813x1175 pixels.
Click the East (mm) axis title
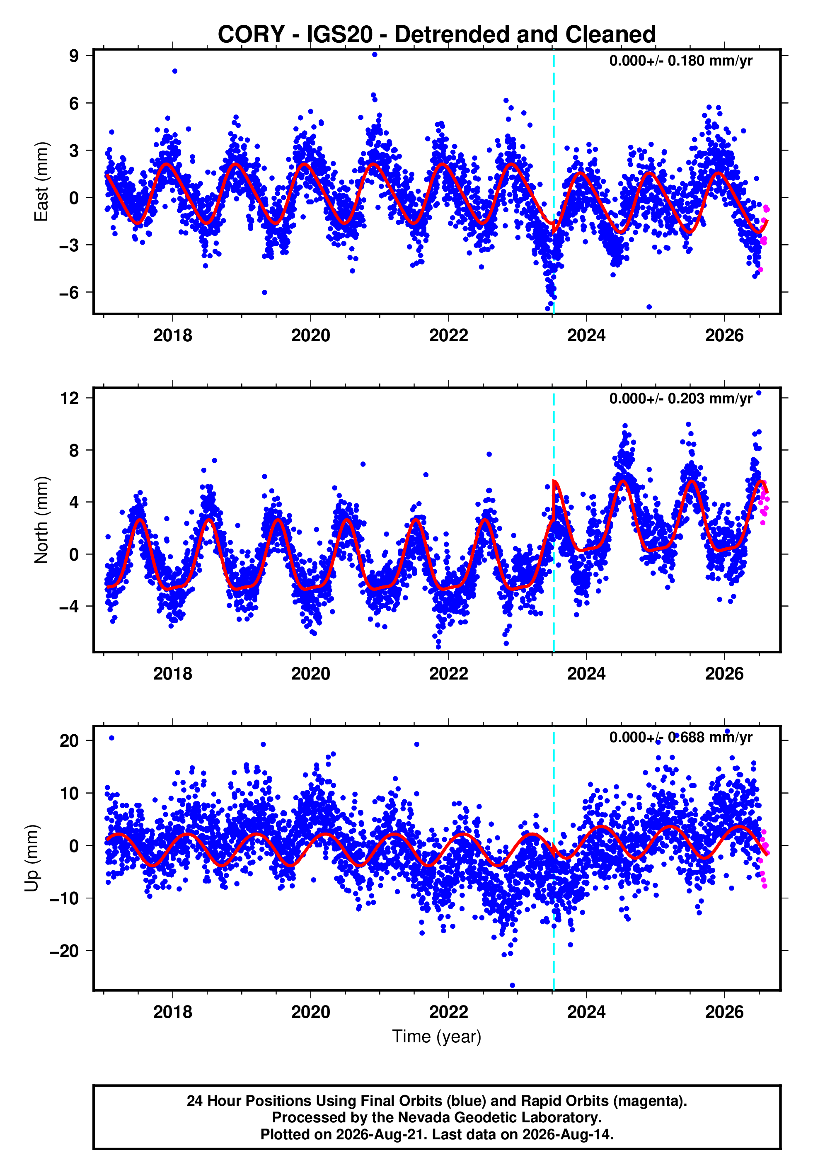coord(41,182)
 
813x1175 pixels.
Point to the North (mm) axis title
coord(41,520)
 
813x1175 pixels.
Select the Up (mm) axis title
coord(31,857)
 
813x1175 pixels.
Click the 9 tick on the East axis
coord(74,56)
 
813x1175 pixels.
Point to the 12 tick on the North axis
coord(70,398)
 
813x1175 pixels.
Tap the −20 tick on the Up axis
coord(65,950)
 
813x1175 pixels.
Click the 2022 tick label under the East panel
coord(448,335)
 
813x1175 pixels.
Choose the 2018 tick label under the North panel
coord(173,674)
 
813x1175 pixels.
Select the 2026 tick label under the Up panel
coord(724,1012)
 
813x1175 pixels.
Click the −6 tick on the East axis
coord(69,292)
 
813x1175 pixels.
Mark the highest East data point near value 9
coord(375,54)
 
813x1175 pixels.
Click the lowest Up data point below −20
coord(513,985)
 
